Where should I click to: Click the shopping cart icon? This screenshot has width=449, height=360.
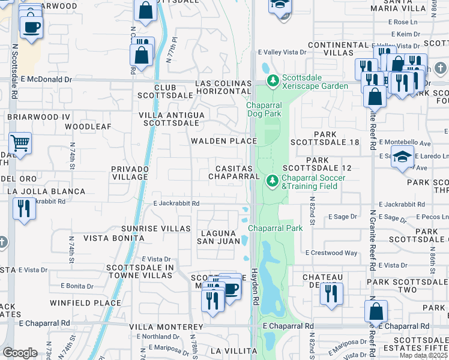[x=20, y=143]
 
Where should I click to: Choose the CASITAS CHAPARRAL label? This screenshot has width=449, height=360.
[x=234, y=172]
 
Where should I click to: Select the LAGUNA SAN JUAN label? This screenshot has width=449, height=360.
[x=219, y=236]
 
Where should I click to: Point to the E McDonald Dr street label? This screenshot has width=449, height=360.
[x=46, y=79]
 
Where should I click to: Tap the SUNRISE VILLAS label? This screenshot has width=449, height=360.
[x=148, y=229]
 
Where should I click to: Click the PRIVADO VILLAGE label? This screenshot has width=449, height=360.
[x=129, y=173]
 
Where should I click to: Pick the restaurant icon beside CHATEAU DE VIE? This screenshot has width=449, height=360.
[x=331, y=293]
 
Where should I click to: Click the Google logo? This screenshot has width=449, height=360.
[x=20, y=353]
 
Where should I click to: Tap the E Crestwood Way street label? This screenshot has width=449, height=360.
[x=331, y=253]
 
